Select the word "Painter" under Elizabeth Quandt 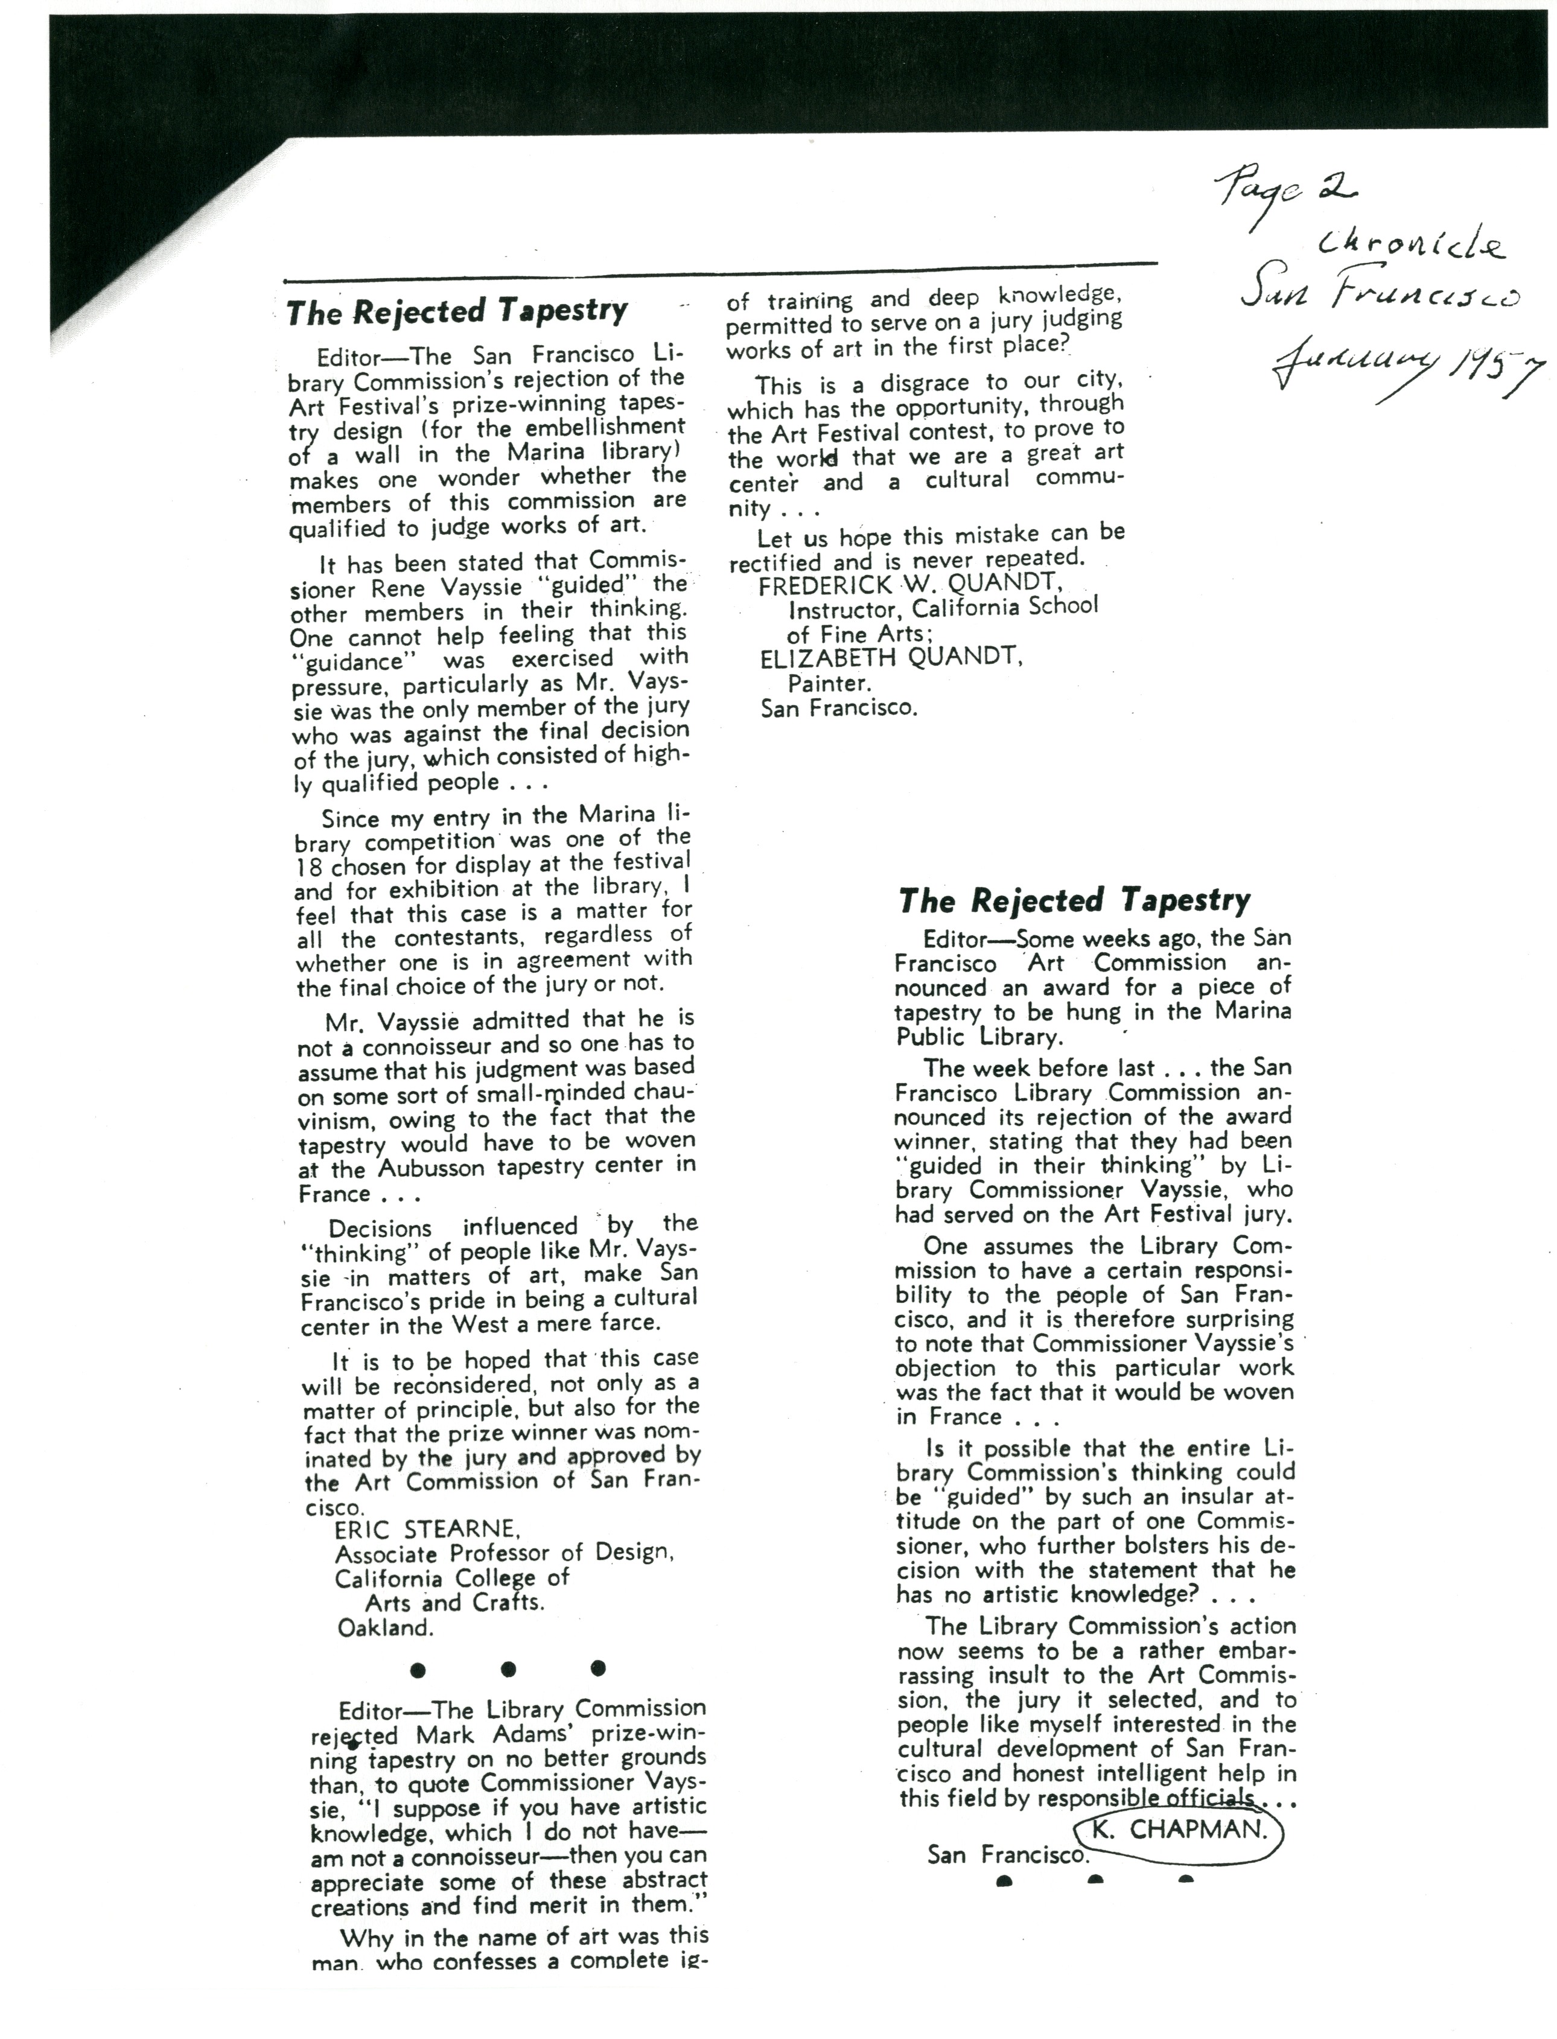click(x=829, y=684)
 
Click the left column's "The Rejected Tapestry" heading click(x=457, y=311)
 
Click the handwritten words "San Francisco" click(x=1380, y=296)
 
